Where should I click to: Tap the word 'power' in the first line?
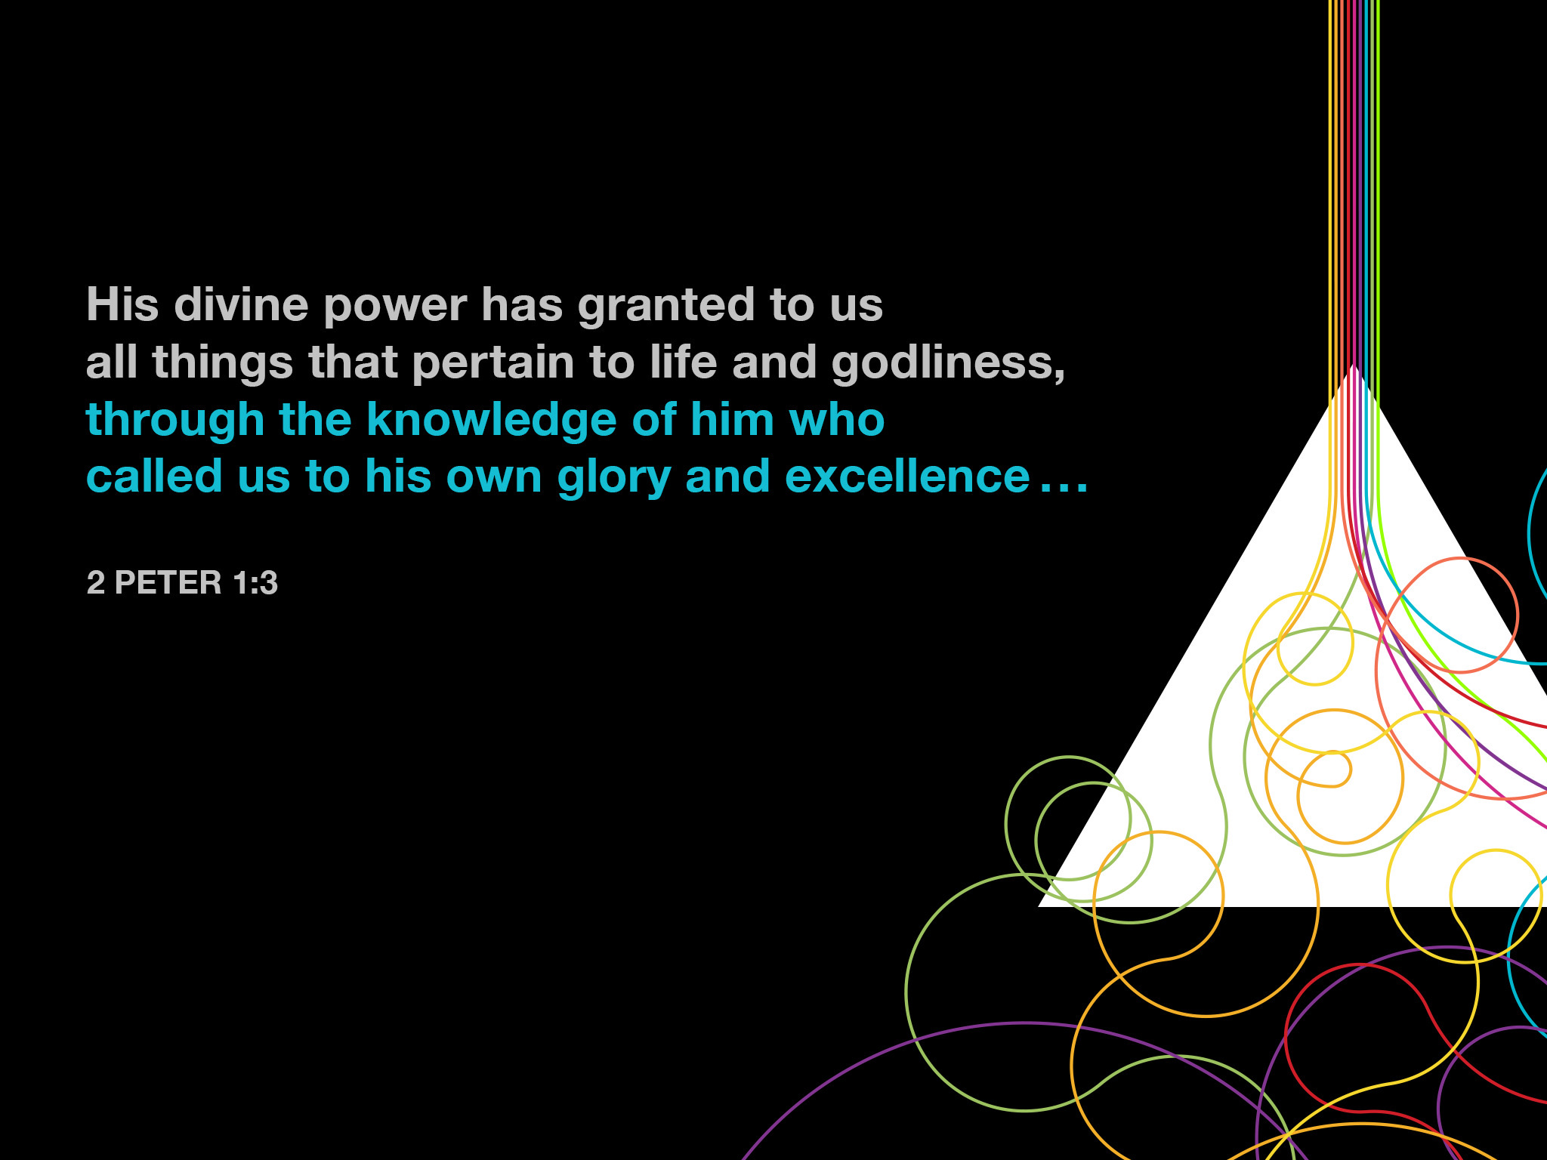pos(395,308)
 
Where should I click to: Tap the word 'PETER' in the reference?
pos(168,582)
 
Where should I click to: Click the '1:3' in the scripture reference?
pos(255,582)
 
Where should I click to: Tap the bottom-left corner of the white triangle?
pos(1039,905)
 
